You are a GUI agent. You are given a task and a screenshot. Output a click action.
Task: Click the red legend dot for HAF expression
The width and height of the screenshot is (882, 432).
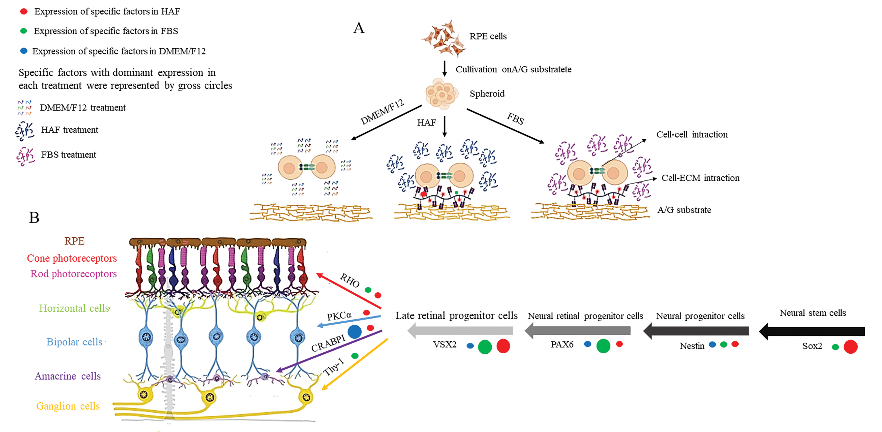tap(24, 11)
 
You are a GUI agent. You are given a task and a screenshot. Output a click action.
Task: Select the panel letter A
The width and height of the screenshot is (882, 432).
tap(359, 28)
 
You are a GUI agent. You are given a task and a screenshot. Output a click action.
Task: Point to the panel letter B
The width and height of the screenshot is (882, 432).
tap(34, 218)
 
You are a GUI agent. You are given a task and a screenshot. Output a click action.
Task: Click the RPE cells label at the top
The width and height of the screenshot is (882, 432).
tap(488, 36)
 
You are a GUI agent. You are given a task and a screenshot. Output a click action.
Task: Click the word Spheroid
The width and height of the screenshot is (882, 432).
tap(487, 93)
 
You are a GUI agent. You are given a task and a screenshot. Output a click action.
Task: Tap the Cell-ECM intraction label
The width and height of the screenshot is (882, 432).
tap(700, 178)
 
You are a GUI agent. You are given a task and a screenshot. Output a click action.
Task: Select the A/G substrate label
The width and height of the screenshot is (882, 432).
tap(684, 210)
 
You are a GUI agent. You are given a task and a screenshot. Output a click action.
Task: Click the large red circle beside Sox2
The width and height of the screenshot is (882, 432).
tap(850, 347)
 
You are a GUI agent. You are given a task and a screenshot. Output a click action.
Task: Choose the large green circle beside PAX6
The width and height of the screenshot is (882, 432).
tap(603, 346)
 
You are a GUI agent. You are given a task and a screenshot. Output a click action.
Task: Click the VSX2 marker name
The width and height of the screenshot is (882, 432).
tap(444, 344)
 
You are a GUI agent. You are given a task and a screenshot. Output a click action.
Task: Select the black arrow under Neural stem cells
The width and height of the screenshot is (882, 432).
tap(812, 331)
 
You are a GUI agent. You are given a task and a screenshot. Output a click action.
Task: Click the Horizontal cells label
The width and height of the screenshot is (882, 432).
tap(74, 308)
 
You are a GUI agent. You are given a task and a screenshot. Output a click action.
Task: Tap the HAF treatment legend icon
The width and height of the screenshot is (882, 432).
tap(25, 131)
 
